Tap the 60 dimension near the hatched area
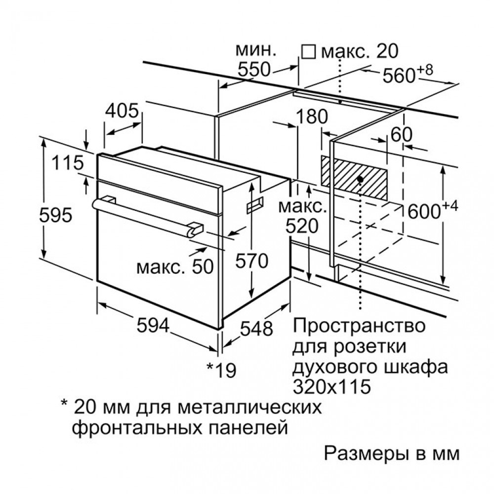(401, 134)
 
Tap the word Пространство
(359, 326)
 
